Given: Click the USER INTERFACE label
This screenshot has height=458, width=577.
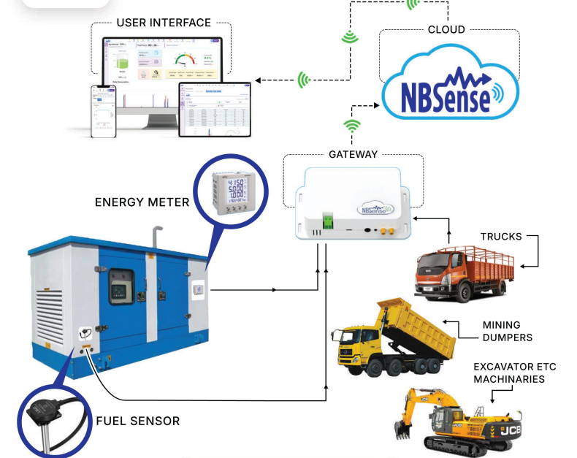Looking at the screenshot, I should click(x=164, y=23).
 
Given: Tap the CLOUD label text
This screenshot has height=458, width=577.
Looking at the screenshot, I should click(x=446, y=29).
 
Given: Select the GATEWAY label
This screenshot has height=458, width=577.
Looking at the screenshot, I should click(x=353, y=154).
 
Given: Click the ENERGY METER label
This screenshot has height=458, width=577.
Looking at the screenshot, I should click(x=140, y=202).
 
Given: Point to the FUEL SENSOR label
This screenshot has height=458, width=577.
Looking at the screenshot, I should click(x=138, y=421).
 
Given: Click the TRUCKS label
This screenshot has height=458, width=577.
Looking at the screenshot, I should click(x=501, y=236).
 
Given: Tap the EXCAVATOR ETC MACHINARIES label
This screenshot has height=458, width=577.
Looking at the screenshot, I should click(x=508, y=373).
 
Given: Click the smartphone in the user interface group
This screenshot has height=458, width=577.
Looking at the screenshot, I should click(x=104, y=111).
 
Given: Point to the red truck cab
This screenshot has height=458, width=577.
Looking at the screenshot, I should click(x=437, y=274).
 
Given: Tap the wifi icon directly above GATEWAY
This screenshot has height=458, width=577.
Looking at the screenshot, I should click(x=353, y=126).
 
